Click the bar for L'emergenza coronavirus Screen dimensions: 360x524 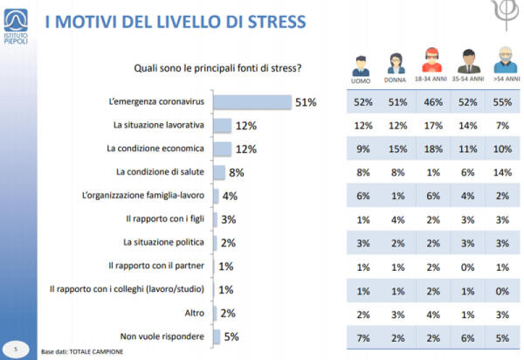click(252, 103)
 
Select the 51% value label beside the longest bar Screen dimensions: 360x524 click(305, 103)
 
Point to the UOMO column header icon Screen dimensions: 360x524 click(359, 64)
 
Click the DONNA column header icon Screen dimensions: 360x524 click(394, 64)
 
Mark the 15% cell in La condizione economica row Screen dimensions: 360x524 click(394, 149)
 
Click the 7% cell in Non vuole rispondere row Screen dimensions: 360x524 click(359, 336)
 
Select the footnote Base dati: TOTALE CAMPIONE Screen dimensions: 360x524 click(82, 351)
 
